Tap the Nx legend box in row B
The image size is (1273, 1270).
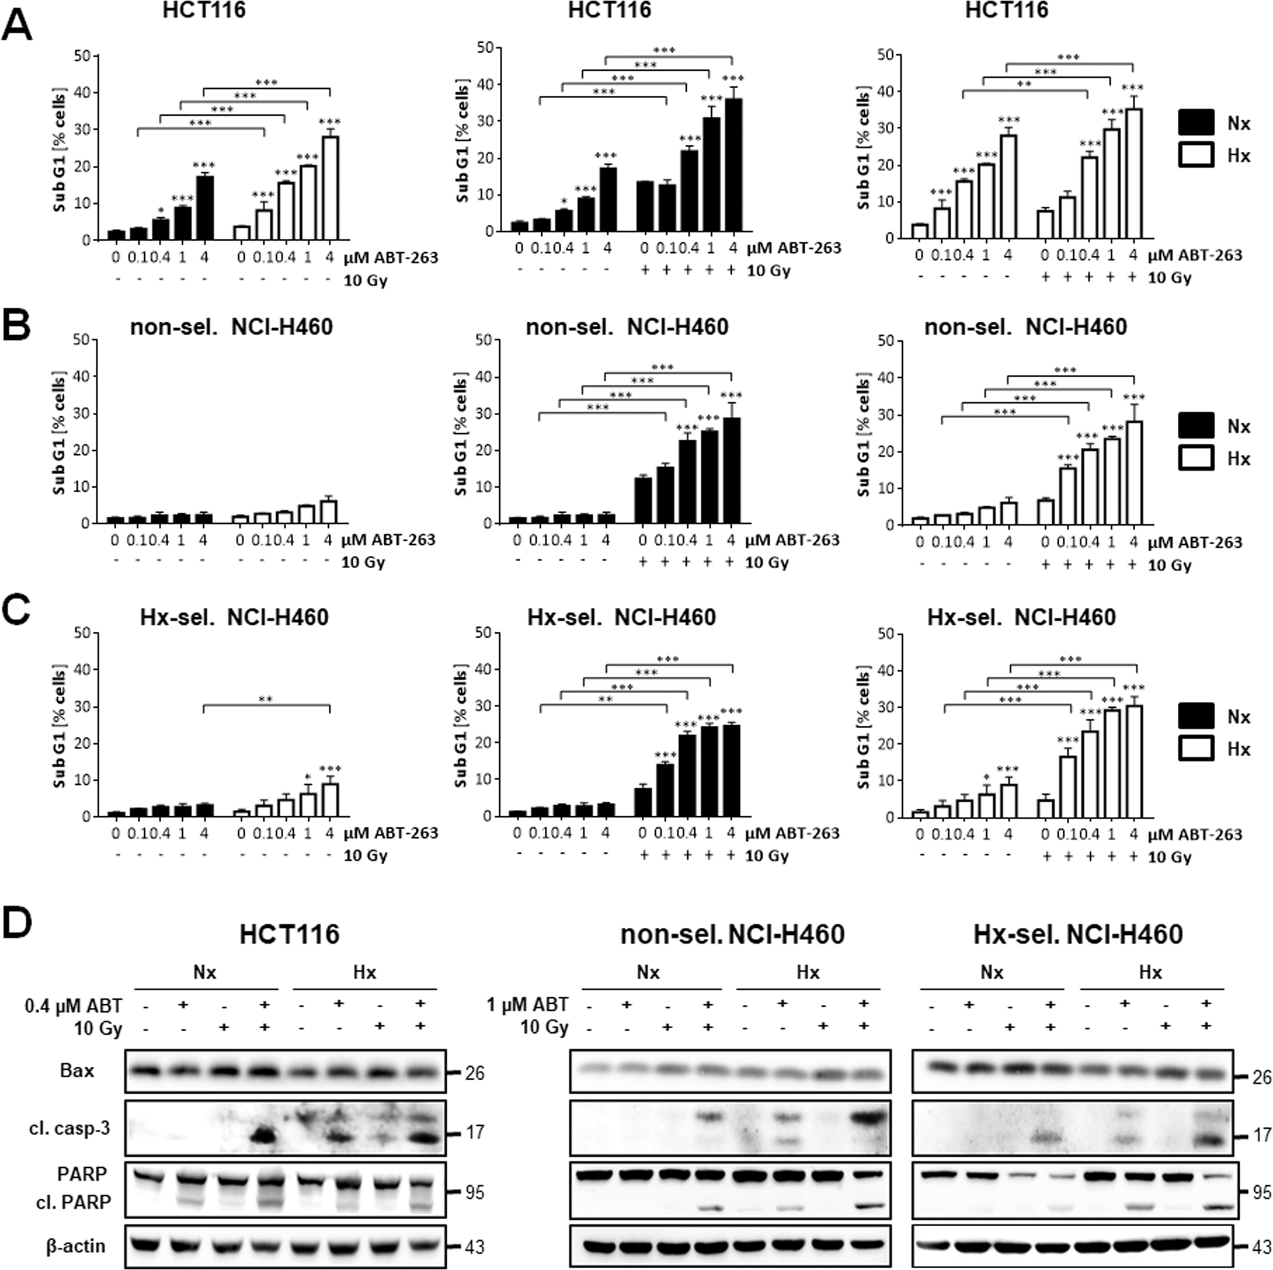(1196, 425)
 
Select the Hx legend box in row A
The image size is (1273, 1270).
(1196, 156)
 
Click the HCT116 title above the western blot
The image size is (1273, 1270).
(289, 934)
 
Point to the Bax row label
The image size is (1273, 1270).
(77, 1071)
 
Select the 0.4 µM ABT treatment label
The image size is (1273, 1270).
(73, 1006)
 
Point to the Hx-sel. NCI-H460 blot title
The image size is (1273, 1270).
(1078, 934)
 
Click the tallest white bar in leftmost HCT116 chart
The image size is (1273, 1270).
(330, 188)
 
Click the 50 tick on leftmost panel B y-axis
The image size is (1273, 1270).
(82, 340)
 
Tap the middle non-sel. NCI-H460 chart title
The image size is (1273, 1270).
(627, 327)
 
